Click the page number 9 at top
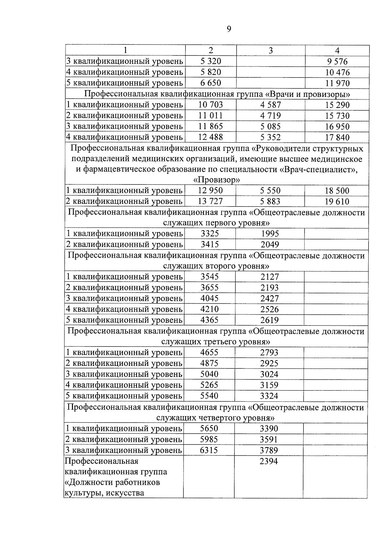click(x=229, y=29)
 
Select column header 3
click(x=271, y=51)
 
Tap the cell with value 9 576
click(x=337, y=62)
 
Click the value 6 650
click(x=211, y=83)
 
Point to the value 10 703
click(x=211, y=105)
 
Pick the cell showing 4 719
click(x=270, y=116)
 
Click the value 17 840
click(x=337, y=137)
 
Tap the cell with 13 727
click(x=210, y=201)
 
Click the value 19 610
click(x=337, y=202)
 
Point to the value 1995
click(x=270, y=234)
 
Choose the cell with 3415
click(x=210, y=244)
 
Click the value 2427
click(x=269, y=298)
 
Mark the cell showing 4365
click(x=209, y=320)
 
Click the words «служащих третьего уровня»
click(x=216, y=342)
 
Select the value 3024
click(x=269, y=374)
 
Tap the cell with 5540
click(x=209, y=396)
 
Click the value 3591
click(x=269, y=439)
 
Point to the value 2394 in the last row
click(x=269, y=461)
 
